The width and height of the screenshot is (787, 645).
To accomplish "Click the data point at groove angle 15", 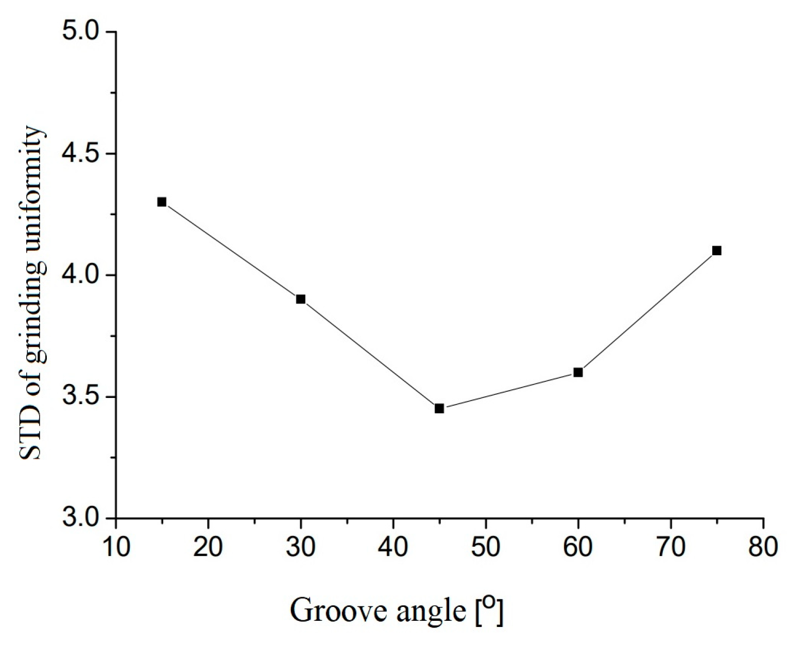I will pos(162,202).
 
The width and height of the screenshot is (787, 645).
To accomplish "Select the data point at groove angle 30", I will pos(301,299).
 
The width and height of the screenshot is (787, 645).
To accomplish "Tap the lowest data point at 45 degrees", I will pos(439,409).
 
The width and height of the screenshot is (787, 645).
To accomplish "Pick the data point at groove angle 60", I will pos(578,372).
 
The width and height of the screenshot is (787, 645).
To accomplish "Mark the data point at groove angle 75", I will pos(716,251).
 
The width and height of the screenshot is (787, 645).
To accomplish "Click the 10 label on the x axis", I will pos(116,548).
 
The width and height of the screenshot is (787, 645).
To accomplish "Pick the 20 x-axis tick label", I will pos(208,548).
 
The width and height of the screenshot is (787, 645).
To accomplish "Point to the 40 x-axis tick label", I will pos(393,548).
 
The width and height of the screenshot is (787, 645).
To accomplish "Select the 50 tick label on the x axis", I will pos(486,548).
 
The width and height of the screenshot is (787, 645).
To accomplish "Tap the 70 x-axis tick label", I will pos(671,548).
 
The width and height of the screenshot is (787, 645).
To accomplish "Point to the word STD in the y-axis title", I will pos(31,435).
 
